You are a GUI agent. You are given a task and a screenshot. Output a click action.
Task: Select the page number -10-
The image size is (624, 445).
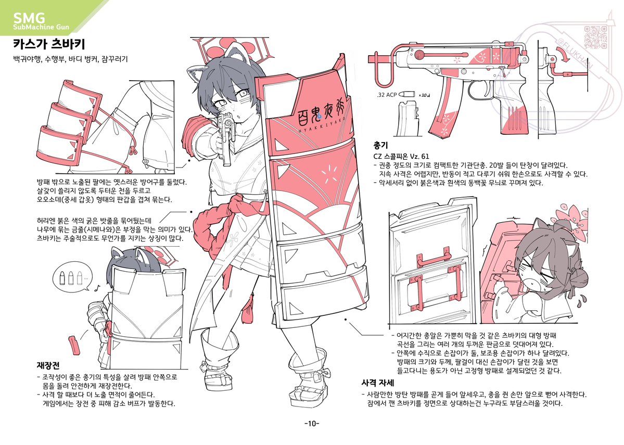pyautogui.click(x=311, y=423)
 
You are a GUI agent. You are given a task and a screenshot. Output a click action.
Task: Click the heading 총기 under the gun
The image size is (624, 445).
pyautogui.click(x=380, y=144)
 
